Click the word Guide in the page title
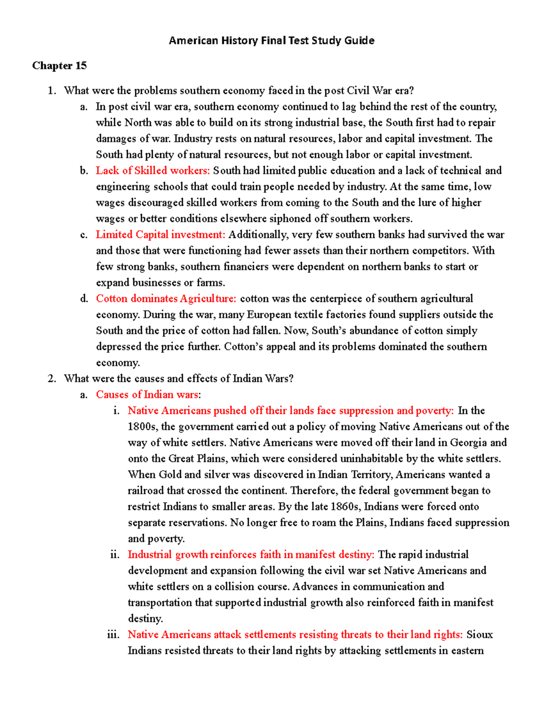[x=359, y=41]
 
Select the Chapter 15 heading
[x=59, y=66]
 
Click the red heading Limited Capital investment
[x=160, y=235]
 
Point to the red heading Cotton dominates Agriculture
[x=166, y=299]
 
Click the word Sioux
[x=479, y=635]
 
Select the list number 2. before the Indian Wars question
[x=52, y=379]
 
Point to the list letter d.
[x=84, y=299]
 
